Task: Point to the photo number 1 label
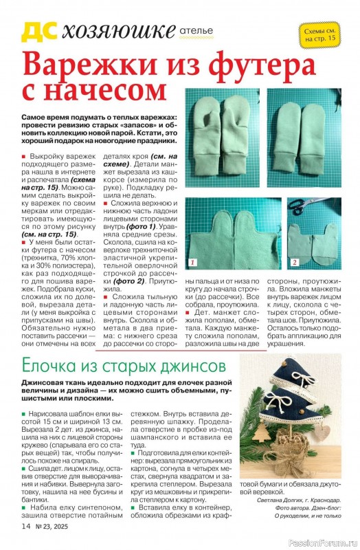pyautogui.click(x=194, y=263)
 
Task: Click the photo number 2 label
pyautogui.click(x=294, y=263)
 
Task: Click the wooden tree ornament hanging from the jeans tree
pyautogui.click(x=262, y=434)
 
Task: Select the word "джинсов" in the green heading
pyautogui.click(x=188, y=365)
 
